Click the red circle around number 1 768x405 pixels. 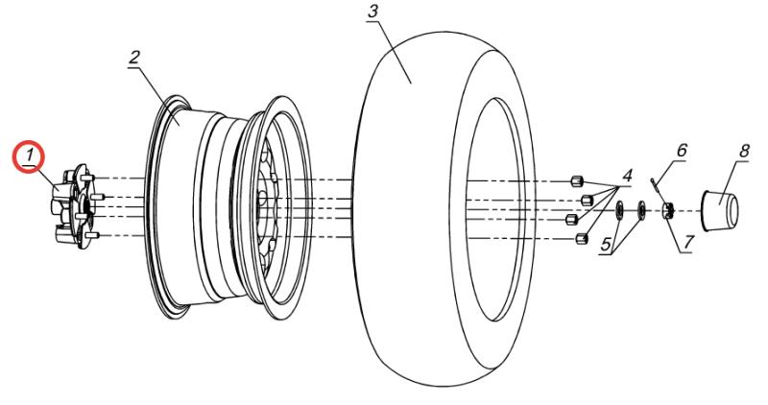point(29,154)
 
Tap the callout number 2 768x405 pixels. point(135,56)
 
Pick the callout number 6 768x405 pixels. point(683,151)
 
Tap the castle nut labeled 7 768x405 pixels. point(669,210)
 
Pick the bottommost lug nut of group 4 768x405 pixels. point(579,237)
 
